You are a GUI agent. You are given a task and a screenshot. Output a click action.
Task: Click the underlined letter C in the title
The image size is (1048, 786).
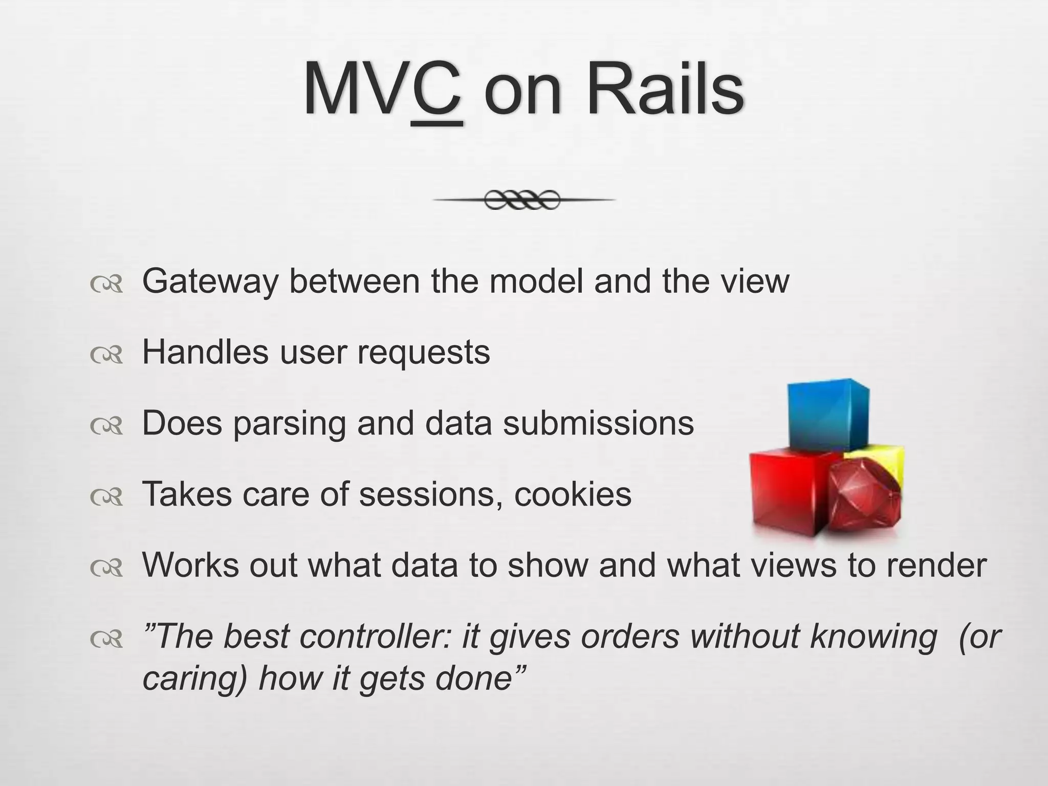436,92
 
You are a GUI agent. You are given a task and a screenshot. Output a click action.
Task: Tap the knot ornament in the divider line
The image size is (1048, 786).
522,200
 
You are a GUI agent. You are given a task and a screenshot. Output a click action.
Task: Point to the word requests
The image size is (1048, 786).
423,353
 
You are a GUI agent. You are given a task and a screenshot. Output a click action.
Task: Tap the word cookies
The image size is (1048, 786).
573,494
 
